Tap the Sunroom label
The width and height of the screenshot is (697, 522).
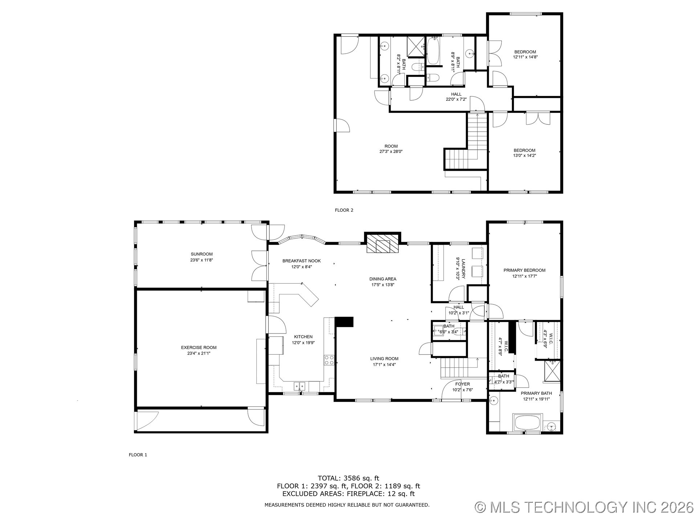pos(201,254)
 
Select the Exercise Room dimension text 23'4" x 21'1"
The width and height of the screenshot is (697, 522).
pos(199,353)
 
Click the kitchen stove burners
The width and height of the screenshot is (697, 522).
pos(329,360)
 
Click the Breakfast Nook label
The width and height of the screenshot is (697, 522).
pos(301,261)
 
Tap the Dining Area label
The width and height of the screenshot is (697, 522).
pos(383,279)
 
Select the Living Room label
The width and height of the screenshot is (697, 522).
pos(384,359)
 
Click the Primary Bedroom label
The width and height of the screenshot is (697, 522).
pos(524,270)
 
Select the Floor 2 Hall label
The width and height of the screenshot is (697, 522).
pos(456,94)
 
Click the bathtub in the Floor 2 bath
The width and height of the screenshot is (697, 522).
pos(433,52)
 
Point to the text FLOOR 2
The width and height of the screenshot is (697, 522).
pos(344,210)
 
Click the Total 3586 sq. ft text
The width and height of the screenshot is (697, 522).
pos(348,478)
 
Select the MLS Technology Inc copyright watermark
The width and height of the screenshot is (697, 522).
pos(584,507)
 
